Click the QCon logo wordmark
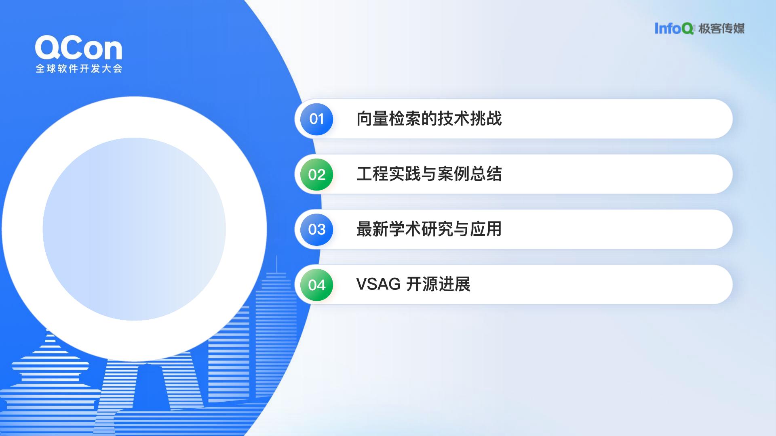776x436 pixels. tap(79, 48)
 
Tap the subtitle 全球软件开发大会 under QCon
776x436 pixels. tap(79, 69)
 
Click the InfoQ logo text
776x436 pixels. tap(674, 28)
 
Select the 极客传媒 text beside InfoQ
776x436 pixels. tap(721, 28)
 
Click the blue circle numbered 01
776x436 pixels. tap(316, 119)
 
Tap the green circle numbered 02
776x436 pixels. tap(316, 174)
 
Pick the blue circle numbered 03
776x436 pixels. tap(316, 229)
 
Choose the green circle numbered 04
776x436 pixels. tap(316, 285)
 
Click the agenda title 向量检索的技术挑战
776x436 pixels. tap(429, 119)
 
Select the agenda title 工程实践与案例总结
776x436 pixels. tap(429, 174)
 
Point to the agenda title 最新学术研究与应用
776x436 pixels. tap(429, 229)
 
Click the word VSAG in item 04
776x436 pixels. tap(378, 284)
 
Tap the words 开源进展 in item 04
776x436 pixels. tap(438, 284)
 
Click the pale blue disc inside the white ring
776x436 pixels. tap(134, 229)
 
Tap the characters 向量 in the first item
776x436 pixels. tap(372, 119)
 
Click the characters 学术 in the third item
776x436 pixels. tap(405, 229)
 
